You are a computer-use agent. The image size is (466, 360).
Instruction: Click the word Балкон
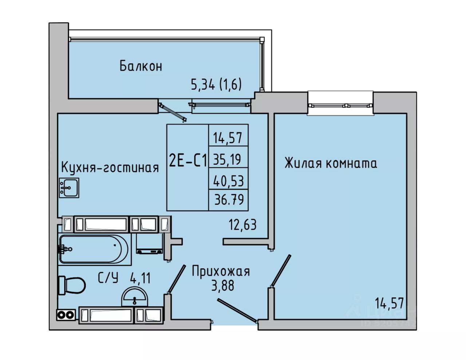pyautogui.click(x=141, y=66)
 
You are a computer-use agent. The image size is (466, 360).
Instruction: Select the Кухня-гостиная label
pyautogui.click(x=110, y=167)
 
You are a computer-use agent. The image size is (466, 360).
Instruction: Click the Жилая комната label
pyautogui.click(x=331, y=163)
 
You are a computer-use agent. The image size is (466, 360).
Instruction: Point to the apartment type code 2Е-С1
pyautogui.click(x=188, y=161)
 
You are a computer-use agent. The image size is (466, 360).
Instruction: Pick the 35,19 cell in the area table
pyautogui.click(x=228, y=159)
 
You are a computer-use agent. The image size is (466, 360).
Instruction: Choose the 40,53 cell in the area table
pyautogui.click(x=228, y=181)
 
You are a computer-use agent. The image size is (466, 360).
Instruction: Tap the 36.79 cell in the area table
pyautogui.click(x=229, y=199)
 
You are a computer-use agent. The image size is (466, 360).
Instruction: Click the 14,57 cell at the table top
pyautogui.click(x=228, y=138)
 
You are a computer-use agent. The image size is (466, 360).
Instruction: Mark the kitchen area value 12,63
pyautogui.click(x=242, y=225)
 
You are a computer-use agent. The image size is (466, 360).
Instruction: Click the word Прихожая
pyautogui.click(x=221, y=272)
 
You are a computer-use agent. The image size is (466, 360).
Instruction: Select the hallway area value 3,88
pyautogui.click(x=223, y=285)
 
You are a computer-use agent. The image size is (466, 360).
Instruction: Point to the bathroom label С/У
pyautogui.click(x=108, y=278)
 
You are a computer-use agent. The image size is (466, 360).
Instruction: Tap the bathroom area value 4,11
pyautogui.click(x=140, y=279)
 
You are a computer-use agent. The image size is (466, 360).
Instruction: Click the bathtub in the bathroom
pyautogui.click(x=94, y=249)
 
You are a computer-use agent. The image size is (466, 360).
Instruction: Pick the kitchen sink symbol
pyautogui.click(x=69, y=188)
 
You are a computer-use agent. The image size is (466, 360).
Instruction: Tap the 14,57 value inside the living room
pyautogui.click(x=390, y=303)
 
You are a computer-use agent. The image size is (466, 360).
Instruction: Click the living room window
pyautogui.click(x=340, y=105)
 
